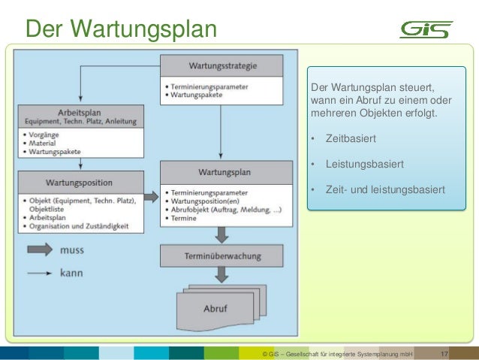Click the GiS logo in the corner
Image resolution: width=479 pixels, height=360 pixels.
426,29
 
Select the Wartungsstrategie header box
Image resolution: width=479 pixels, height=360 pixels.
222,65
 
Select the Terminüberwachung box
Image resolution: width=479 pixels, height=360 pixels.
223,256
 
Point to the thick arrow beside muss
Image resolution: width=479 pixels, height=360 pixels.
41,250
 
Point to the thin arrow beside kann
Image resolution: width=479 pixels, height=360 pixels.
41,274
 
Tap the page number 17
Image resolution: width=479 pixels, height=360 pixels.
444,353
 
